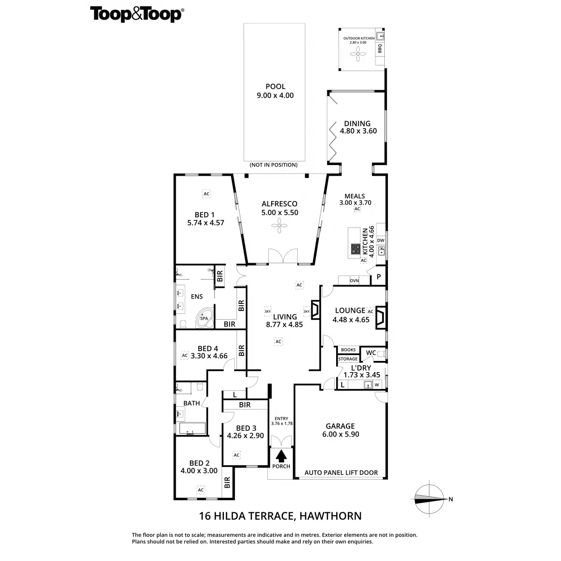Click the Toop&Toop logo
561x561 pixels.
[x=136, y=14]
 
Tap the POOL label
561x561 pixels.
[x=275, y=86]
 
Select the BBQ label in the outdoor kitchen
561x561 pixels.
[x=380, y=48]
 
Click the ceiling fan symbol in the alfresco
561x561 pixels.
[x=279, y=227]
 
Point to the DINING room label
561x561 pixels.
[x=357, y=124]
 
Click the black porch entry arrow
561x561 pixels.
[x=281, y=455]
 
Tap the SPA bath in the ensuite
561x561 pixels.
[x=204, y=317]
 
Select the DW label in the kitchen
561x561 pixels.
[x=381, y=241]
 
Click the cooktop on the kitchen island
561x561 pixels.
[x=355, y=250]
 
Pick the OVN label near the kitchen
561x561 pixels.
[x=354, y=280]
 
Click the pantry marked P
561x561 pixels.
[x=379, y=277]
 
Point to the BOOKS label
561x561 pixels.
[x=348, y=350]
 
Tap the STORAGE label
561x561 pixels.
[x=348, y=359]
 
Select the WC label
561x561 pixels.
[x=371, y=352]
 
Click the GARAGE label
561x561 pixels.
[x=340, y=426]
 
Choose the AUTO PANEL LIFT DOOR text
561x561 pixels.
[x=341, y=473]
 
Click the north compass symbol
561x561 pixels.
[x=429, y=499]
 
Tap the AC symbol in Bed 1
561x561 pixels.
[x=206, y=193]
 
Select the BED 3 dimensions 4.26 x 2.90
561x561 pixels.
[x=245, y=435]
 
